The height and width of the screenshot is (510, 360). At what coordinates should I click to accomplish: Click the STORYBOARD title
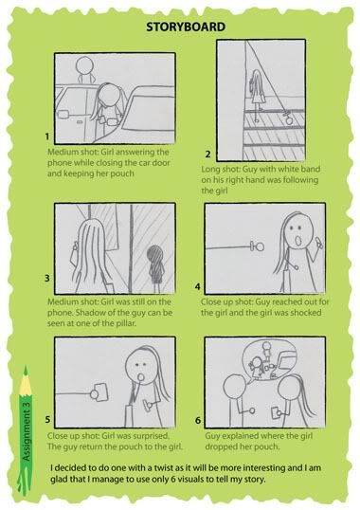click(x=186, y=27)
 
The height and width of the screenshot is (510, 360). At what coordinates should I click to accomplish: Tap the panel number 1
click(x=47, y=137)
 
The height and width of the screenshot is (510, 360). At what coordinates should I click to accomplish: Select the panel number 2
click(x=207, y=155)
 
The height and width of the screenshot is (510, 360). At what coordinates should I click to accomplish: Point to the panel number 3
click(x=47, y=279)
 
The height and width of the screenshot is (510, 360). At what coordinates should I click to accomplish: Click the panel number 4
click(x=198, y=287)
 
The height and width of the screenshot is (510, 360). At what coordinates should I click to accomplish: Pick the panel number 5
click(x=47, y=420)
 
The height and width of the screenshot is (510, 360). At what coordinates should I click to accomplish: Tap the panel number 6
click(x=198, y=420)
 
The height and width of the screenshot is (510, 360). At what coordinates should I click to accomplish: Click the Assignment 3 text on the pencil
click(x=27, y=431)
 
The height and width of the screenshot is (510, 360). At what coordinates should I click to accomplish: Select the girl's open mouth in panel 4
click(x=297, y=241)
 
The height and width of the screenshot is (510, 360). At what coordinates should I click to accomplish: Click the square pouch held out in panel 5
click(x=101, y=392)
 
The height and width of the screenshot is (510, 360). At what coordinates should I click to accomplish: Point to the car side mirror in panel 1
click(x=63, y=114)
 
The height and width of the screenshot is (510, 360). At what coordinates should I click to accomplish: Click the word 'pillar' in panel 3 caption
click(x=125, y=323)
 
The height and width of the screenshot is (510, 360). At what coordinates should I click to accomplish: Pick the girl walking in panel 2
click(x=258, y=95)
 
